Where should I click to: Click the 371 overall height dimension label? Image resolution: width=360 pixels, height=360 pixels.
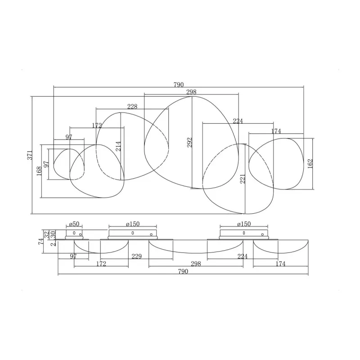[x=30, y=155]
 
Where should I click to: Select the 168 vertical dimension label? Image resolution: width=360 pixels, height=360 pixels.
[x=39, y=171]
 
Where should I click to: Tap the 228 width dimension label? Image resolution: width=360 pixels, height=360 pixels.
[x=132, y=107]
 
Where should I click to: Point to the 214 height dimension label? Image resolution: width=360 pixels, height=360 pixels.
[x=118, y=146]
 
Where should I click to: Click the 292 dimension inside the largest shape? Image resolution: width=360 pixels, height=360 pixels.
[x=189, y=142]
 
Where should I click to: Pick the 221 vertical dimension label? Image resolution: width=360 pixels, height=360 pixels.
[x=243, y=179]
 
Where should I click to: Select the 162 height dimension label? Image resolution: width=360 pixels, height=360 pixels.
[x=310, y=164]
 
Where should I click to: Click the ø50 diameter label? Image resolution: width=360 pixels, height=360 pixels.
[x=74, y=224]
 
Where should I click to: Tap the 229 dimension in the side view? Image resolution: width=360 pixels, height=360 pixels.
[x=137, y=256]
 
